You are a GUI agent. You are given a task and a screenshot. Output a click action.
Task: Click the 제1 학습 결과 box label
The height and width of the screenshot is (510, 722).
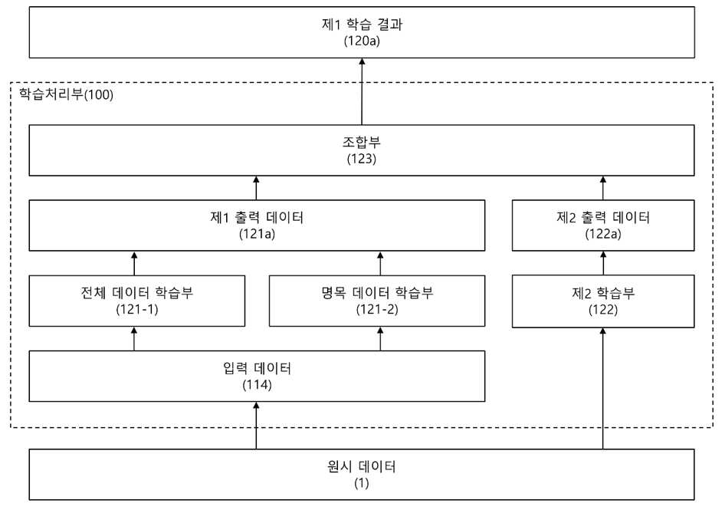(362, 24)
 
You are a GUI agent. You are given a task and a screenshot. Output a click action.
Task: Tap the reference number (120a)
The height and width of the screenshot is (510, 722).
(362, 41)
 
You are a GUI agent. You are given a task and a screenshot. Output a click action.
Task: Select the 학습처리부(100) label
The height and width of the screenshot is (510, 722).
(66, 94)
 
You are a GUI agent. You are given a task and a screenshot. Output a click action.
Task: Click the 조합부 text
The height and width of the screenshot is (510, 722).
(362, 142)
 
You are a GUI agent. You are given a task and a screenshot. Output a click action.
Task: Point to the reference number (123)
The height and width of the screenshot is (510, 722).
(362, 159)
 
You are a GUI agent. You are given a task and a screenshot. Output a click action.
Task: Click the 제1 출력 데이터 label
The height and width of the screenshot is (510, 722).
(257, 217)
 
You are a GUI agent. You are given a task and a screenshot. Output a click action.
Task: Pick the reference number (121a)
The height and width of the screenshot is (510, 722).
(257, 234)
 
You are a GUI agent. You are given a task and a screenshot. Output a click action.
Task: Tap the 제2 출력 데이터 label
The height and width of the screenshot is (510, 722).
(603, 217)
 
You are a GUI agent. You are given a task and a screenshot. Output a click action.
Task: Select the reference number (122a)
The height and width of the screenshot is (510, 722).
(603, 234)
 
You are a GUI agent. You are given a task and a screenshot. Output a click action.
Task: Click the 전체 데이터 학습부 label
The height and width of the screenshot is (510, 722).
(136, 292)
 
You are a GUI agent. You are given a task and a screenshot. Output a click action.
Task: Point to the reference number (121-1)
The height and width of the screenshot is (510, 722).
(136, 309)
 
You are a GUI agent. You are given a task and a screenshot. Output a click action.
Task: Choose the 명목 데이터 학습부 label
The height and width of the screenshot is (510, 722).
(377, 292)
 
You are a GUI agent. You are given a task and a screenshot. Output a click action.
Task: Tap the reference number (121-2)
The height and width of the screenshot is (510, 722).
(377, 309)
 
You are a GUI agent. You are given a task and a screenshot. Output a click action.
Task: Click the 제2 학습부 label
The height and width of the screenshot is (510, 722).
(603, 292)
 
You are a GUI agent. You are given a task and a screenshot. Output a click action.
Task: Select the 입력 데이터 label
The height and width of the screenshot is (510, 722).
(257, 368)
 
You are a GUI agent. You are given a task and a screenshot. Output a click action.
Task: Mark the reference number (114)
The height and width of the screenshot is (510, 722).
(257, 385)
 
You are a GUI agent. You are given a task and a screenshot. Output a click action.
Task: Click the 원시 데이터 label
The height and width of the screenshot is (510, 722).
(362, 466)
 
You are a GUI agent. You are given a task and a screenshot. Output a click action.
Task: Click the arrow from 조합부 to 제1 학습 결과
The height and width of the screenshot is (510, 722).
(362, 91)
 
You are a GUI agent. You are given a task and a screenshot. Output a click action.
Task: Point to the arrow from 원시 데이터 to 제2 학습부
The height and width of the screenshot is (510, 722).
(603, 388)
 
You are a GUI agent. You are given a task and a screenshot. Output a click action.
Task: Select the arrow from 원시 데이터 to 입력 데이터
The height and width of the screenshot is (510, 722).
(257, 425)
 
